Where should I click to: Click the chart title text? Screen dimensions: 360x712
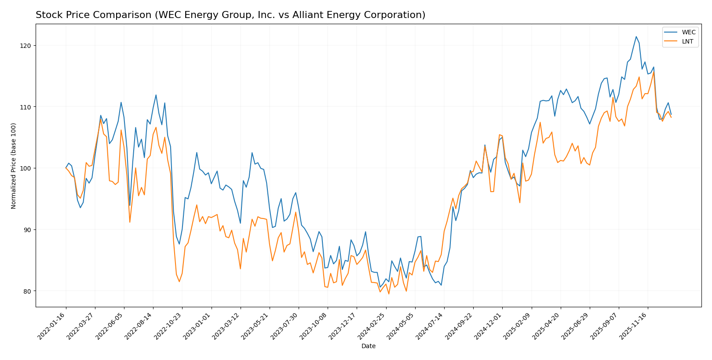tap(230, 15)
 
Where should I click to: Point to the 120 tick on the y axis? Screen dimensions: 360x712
tap(26, 46)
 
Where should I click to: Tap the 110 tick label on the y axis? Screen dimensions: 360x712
tap(26, 107)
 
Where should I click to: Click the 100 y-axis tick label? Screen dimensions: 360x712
tap(26, 168)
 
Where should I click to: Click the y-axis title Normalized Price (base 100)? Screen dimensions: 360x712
tap(14, 166)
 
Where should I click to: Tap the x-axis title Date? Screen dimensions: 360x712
tap(368, 346)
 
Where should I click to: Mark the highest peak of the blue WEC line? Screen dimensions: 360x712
tap(636, 36)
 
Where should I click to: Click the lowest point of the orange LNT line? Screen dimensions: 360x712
tap(388, 294)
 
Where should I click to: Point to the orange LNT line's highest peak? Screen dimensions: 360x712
tap(654, 72)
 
